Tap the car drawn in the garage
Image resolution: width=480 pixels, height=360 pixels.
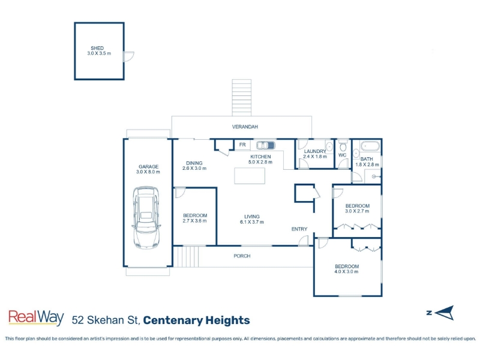point(146,217)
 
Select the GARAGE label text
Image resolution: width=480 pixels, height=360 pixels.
point(148,167)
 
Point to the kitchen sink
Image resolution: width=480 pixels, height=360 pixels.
point(265,145)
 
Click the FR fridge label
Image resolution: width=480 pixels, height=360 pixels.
point(242,145)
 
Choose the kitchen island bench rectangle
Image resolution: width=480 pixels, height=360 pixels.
point(250,176)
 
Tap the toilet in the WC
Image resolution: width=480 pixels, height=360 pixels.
point(343,146)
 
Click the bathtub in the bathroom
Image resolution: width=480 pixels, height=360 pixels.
point(370,146)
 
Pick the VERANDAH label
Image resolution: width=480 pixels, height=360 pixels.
point(245,127)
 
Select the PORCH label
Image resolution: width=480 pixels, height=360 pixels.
point(242,256)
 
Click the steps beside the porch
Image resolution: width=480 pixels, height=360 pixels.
point(186,257)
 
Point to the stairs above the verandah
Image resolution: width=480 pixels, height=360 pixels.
point(242,98)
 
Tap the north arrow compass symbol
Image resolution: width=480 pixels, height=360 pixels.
point(443,313)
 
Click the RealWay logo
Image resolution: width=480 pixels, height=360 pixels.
point(36,317)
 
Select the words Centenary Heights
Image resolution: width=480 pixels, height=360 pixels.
point(197,320)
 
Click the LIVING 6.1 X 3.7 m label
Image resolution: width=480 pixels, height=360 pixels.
point(252,219)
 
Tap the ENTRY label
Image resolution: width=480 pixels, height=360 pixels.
point(299,229)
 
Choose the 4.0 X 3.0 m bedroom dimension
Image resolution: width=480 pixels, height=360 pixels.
point(347,272)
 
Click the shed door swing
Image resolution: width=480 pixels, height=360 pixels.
point(128,56)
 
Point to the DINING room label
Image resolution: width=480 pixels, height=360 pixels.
point(194,163)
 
